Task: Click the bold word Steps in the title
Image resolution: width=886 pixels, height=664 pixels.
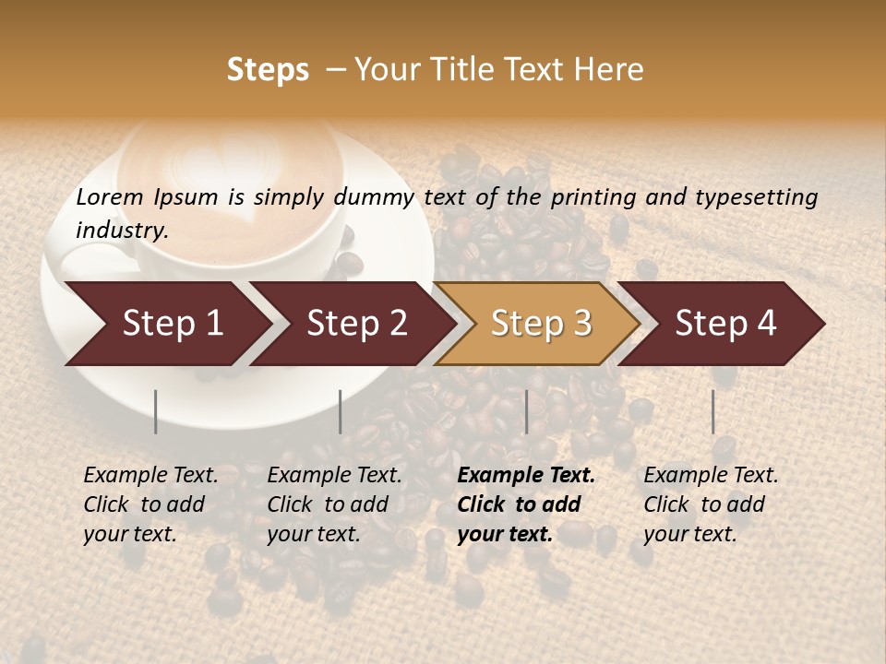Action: [268, 70]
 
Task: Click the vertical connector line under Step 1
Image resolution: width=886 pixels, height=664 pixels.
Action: [156, 411]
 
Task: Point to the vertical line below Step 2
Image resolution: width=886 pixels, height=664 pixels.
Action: [341, 411]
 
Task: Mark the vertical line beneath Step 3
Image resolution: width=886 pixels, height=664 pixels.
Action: [527, 411]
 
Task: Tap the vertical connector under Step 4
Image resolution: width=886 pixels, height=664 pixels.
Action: [713, 411]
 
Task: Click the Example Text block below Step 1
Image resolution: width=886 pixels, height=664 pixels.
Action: [150, 504]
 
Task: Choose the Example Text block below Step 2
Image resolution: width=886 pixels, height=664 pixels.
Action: [334, 504]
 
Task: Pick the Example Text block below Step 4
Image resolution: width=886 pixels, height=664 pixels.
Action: [711, 504]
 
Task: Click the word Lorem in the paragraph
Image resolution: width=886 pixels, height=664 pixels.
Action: [110, 197]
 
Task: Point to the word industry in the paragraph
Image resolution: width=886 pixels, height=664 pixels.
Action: [122, 231]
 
